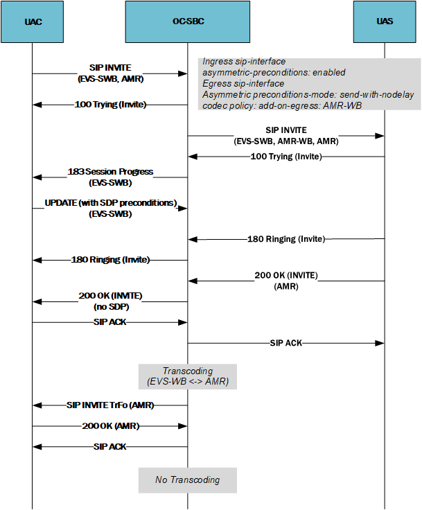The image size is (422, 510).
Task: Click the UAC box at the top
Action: (33, 21)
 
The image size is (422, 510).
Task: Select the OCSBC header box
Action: (187, 21)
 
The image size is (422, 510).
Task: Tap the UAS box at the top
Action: (385, 21)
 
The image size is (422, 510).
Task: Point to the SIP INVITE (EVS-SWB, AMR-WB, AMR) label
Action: (286, 135)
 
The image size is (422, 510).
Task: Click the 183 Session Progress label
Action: (110, 177)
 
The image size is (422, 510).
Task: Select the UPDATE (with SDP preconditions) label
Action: (110, 208)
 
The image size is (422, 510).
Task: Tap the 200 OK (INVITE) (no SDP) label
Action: (110, 300)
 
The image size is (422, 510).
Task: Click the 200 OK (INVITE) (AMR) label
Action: (286, 280)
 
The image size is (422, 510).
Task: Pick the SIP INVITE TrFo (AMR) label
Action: (110, 404)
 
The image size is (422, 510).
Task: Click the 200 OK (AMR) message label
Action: (110, 425)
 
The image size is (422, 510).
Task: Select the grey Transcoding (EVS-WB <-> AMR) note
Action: (187, 376)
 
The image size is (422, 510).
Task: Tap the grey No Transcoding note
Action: (187, 480)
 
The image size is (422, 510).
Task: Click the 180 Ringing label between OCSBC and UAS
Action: (285, 239)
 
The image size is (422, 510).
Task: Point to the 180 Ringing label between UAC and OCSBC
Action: (110, 260)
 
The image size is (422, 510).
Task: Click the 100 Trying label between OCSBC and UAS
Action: (285, 157)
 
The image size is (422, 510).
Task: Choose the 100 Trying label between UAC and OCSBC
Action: (110, 105)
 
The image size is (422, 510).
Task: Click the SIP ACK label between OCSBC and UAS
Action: (285, 342)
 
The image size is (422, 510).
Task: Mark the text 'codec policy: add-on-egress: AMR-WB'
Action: (282, 105)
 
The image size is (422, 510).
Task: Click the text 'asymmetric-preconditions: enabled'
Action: (273, 72)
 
